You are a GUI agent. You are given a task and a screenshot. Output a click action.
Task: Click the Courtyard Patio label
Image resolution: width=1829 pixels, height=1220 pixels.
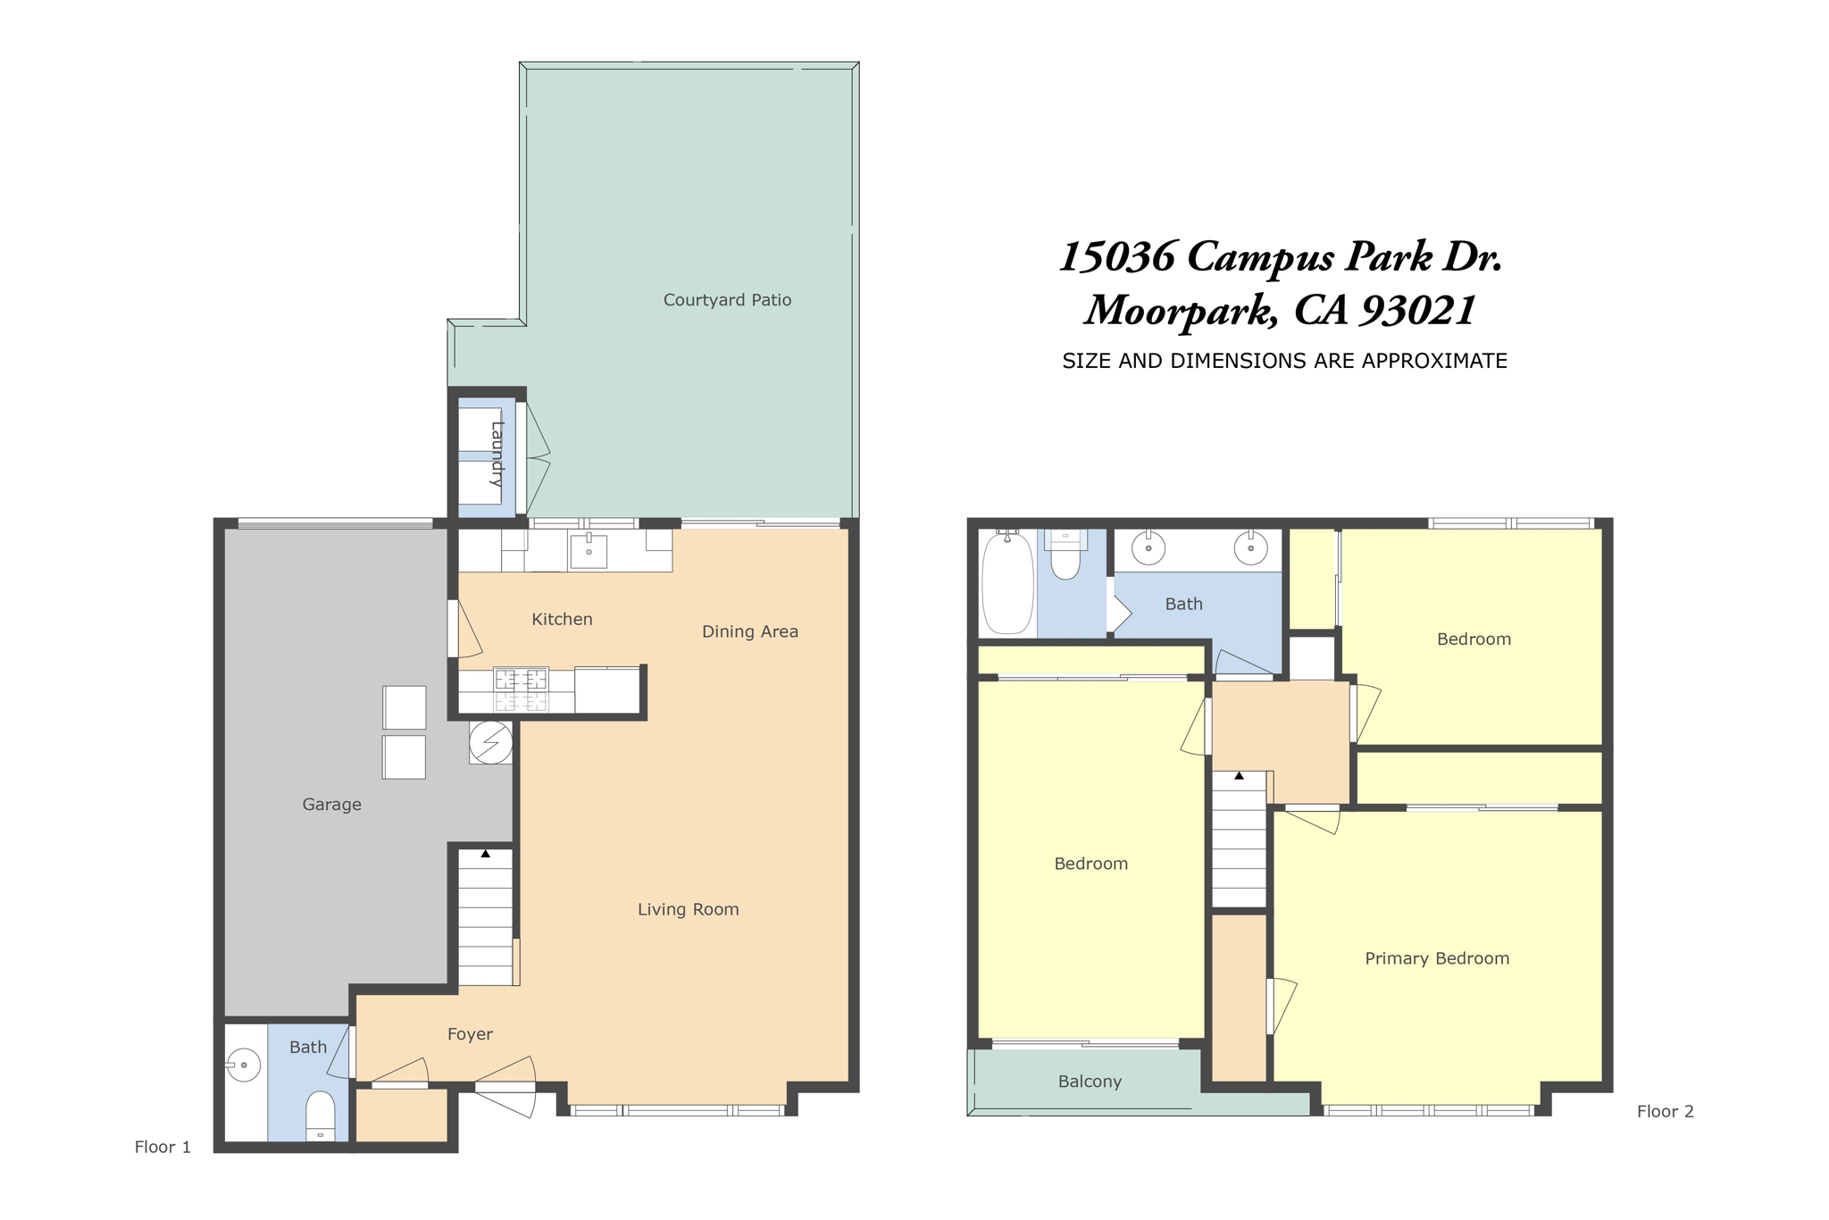click(727, 300)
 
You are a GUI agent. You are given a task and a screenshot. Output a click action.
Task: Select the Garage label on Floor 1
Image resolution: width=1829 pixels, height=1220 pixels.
click(331, 805)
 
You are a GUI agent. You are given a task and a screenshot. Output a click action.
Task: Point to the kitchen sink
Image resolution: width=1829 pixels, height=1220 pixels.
click(589, 551)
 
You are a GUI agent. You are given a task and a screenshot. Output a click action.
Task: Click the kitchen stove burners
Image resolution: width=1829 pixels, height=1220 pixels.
click(521, 689)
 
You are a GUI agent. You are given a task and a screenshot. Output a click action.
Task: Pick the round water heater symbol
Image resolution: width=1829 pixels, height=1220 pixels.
click(491, 742)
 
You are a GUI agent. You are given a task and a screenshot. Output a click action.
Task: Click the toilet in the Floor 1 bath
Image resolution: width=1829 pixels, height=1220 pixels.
click(321, 1116)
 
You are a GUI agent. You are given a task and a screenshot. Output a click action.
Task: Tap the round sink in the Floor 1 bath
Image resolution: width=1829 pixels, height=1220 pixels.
click(243, 1065)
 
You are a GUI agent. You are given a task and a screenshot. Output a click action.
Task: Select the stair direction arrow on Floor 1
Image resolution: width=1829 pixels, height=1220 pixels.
click(485, 854)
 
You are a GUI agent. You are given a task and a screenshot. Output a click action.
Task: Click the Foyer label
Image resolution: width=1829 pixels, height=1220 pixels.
click(470, 1034)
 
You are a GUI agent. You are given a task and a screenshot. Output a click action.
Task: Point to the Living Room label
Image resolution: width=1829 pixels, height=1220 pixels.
click(688, 909)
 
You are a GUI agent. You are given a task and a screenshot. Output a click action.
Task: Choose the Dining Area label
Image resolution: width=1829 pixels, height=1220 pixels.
click(750, 631)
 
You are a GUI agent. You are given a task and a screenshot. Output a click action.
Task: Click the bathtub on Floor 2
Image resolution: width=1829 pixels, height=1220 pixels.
click(1007, 582)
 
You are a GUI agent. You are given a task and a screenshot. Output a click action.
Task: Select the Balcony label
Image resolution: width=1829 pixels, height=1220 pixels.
click(1090, 1082)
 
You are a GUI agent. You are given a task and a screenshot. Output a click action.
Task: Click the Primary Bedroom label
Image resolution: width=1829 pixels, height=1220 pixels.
click(1437, 958)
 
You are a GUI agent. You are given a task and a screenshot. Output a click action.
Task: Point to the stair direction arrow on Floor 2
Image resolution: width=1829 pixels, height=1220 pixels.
click(1240, 776)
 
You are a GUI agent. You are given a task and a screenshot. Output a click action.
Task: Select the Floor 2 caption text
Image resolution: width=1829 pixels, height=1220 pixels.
click(1665, 1111)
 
